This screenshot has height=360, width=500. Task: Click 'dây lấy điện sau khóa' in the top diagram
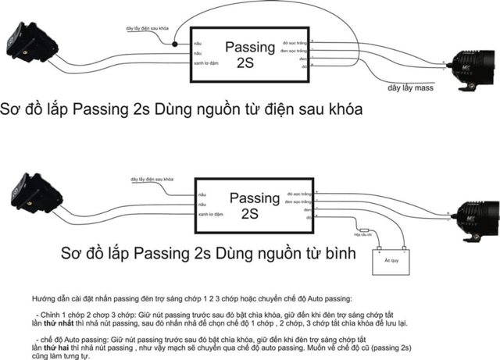coord(148,28)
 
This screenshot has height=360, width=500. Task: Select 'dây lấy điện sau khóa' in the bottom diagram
coord(146,179)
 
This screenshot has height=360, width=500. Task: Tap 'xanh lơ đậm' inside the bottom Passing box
coord(209,213)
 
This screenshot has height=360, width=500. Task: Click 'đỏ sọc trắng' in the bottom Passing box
coord(300,191)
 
